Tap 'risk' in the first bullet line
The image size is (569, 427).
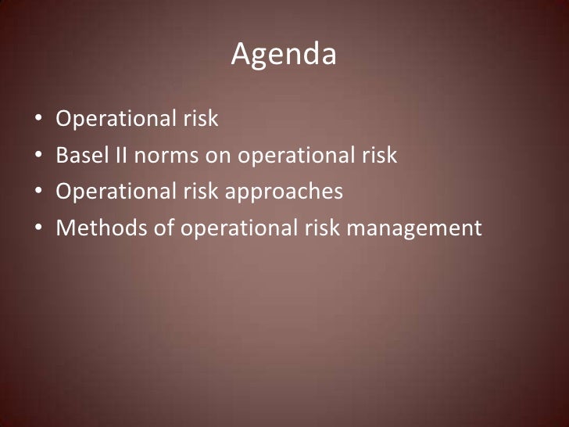pyautogui.click(x=201, y=120)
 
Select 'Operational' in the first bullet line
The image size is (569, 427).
pyautogui.click(x=114, y=120)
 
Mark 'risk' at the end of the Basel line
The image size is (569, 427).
pyautogui.click(x=379, y=156)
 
